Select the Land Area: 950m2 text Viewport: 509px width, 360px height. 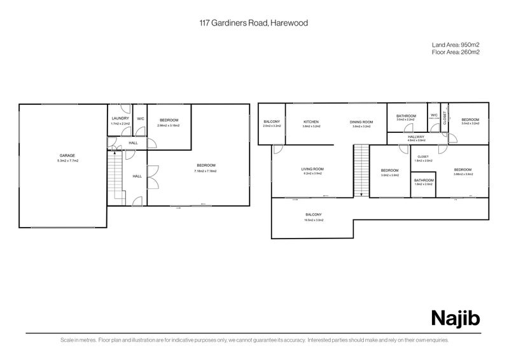pos(456,45)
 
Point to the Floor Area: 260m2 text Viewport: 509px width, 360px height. pos(456,52)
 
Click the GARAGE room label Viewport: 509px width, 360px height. pos(67,156)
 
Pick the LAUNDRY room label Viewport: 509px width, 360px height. pos(120,118)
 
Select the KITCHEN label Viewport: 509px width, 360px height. pos(310,121)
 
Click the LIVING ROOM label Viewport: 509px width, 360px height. pos(312,169)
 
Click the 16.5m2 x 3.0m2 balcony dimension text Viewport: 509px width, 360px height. pos(312,220)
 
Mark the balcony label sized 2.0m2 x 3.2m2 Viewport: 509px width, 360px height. pos(272,121)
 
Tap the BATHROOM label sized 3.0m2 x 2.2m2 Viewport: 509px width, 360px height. pos(406,116)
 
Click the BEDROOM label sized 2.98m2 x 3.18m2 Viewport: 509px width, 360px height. pos(169,120)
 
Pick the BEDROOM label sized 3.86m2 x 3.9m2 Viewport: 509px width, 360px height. pos(463,169)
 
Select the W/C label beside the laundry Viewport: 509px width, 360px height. pos(141,118)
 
